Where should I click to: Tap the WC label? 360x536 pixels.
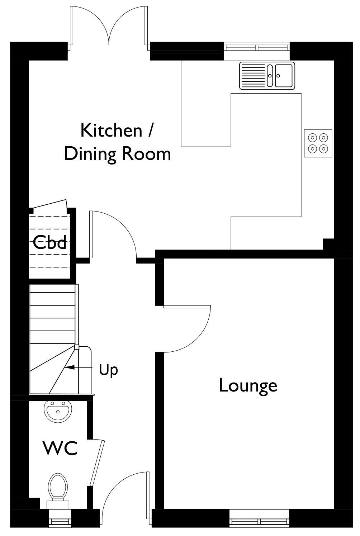click(60, 448)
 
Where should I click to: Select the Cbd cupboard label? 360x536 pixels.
click(50, 242)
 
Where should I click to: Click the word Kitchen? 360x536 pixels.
click(112, 130)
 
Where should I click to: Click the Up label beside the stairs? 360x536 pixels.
click(108, 370)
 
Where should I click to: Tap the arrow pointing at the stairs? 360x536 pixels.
click(78, 367)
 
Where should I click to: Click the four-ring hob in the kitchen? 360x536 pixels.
click(318, 143)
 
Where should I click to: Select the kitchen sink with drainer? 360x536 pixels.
click(267, 76)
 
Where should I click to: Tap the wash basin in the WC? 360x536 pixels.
click(58, 412)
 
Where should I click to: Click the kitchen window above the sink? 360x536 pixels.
click(257, 47)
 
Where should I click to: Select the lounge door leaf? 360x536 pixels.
click(187, 307)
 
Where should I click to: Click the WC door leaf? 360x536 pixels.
click(98, 463)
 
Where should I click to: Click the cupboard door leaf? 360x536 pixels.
click(50, 204)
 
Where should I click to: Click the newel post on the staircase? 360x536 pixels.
click(77, 347)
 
